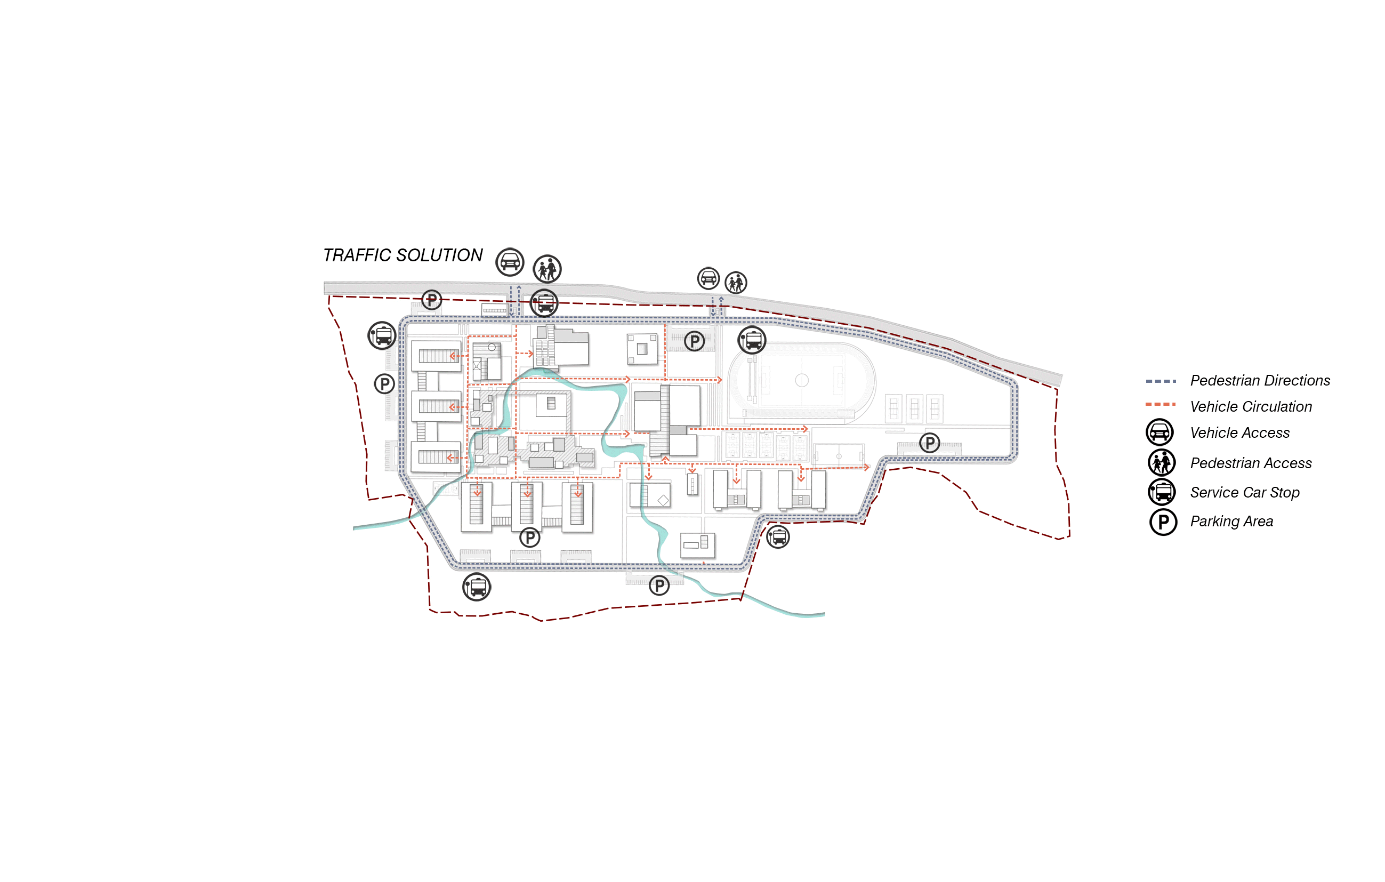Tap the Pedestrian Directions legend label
(x=1260, y=381)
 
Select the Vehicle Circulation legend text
(x=1251, y=407)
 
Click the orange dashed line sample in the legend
(x=1160, y=404)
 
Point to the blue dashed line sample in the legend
(x=1160, y=381)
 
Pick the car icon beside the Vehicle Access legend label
(x=1159, y=432)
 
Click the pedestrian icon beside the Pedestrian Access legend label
(x=1161, y=462)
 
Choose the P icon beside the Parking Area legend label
(x=1163, y=523)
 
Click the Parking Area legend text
(x=1231, y=522)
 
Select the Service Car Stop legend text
(x=1245, y=493)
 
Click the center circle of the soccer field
(x=802, y=380)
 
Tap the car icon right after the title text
(x=510, y=262)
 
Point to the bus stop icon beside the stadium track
(x=752, y=340)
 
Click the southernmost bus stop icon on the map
(x=477, y=588)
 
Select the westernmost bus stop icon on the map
(x=382, y=335)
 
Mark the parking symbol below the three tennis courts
(x=930, y=443)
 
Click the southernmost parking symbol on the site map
(x=659, y=586)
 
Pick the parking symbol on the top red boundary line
(x=431, y=299)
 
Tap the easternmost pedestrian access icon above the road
(x=736, y=283)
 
